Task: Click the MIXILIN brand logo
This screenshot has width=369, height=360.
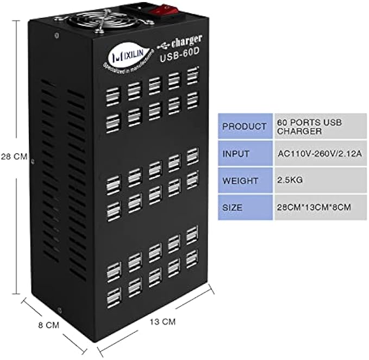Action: pos(122,54)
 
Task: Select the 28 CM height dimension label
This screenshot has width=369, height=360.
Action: pos(14,157)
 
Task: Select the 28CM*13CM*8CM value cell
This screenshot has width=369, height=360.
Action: pos(314,208)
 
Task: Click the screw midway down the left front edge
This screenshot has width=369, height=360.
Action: pos(33,162)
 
